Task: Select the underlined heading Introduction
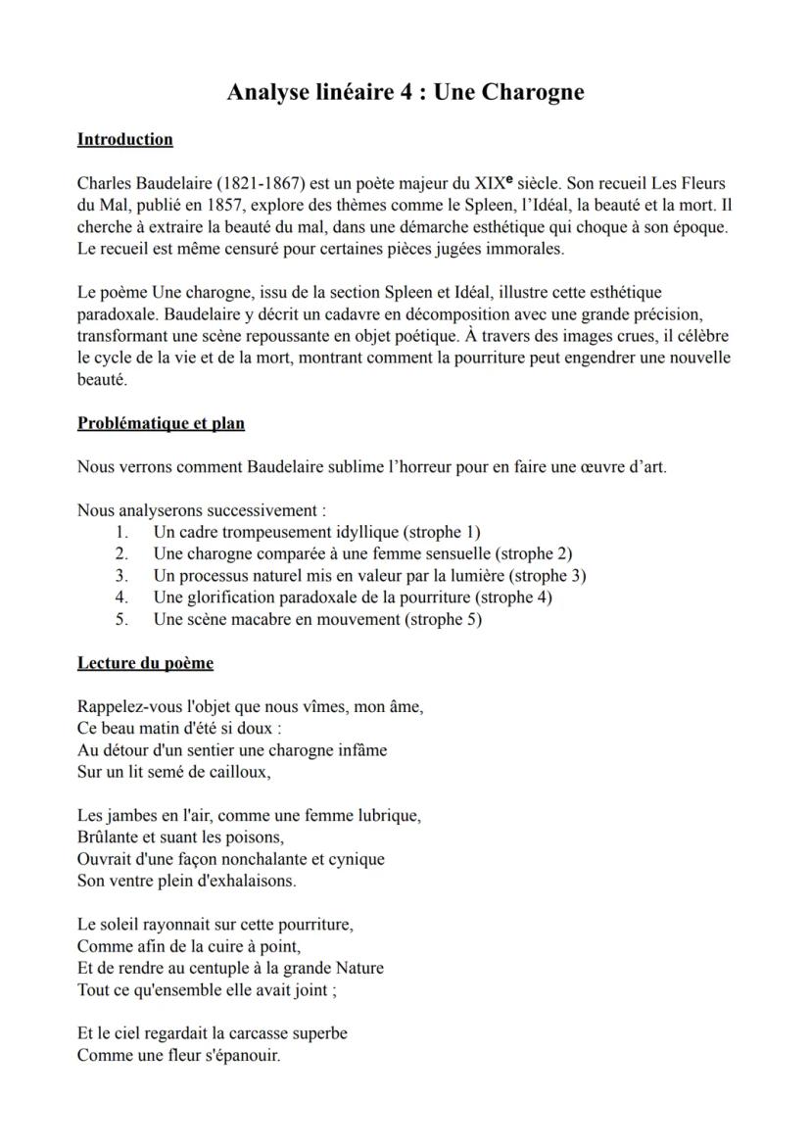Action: pyautogui.click(x=124, y=139)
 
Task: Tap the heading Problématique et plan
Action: pyautogui.click(x=161, y=423)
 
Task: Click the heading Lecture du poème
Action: pyautogui.click(x=145, y=663)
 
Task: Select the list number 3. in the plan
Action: pyautogui.click(x=121, y=575)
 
